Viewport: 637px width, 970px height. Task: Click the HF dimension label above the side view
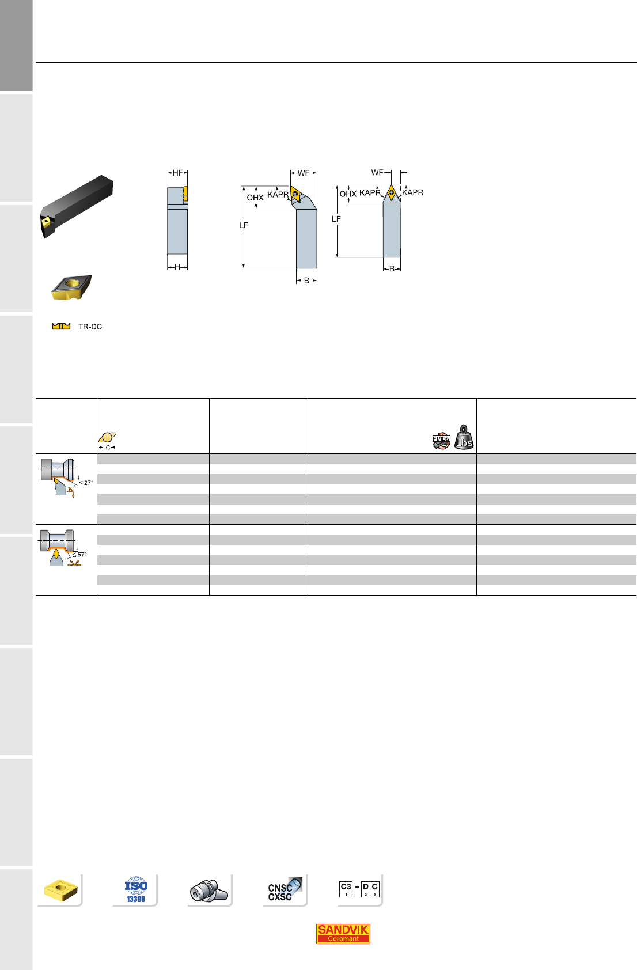point(177,173)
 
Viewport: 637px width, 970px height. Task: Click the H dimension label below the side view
point(177,267)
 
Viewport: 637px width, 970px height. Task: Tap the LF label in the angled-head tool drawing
point(244,225)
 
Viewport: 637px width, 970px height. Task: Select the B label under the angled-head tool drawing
point(306,281)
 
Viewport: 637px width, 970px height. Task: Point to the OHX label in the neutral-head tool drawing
point(348,194)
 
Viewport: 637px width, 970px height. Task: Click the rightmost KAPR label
point(413,192)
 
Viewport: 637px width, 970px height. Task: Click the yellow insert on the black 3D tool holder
point(46,221)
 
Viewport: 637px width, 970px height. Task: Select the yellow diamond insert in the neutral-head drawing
point(392,192)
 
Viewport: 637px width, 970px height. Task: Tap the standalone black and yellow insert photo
point(71,287)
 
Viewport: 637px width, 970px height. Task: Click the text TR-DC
point(90,327)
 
